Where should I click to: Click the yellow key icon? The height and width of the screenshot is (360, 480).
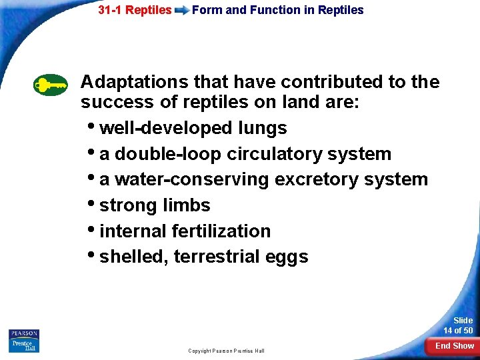point(51,85)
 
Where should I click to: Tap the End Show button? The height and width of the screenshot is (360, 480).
point(454,345)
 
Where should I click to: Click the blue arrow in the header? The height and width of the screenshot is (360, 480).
point(181,11)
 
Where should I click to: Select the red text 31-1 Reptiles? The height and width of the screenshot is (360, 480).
point(135,10)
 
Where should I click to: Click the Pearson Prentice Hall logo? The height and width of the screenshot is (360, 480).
point(24,341)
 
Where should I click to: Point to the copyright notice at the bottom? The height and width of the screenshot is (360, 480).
point(226,351)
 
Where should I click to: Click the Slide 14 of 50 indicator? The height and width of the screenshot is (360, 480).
point(458,325)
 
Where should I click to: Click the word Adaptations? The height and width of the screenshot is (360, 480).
point(134,82)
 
